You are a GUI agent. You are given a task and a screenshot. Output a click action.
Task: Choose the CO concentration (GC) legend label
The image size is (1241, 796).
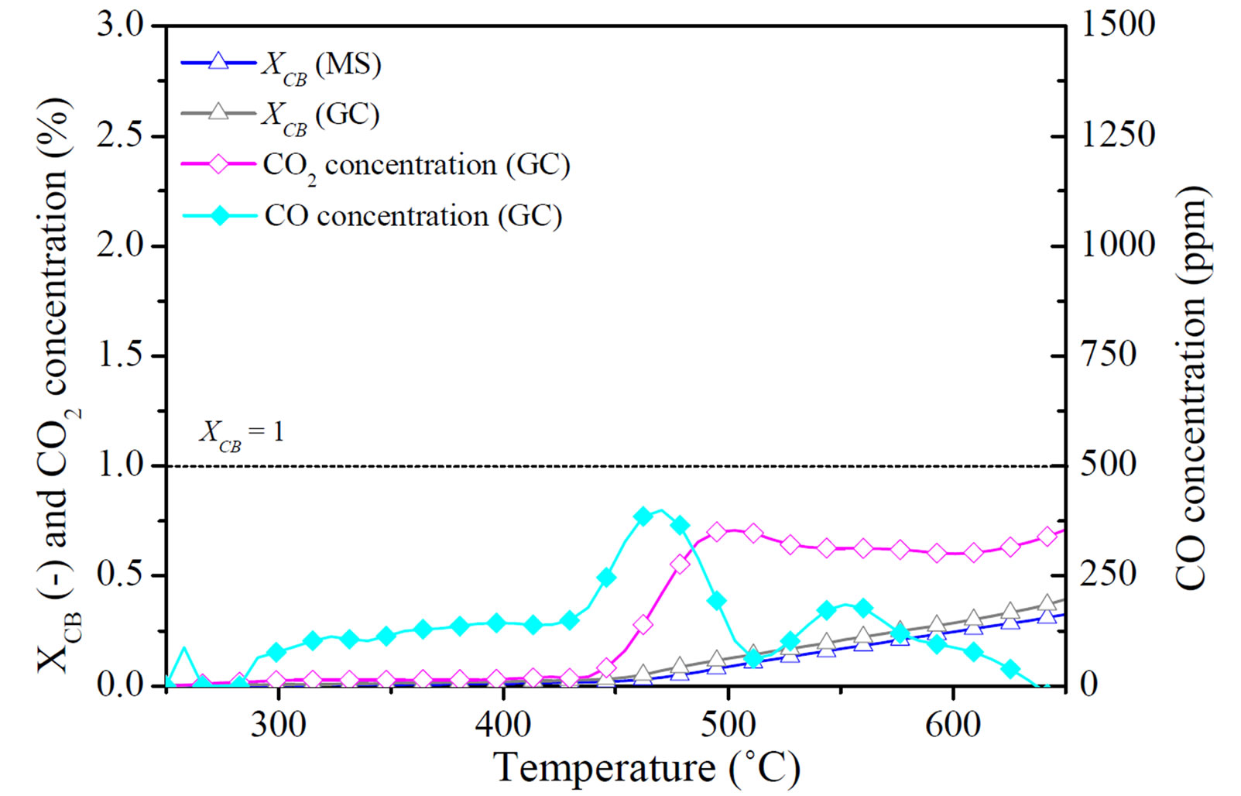pyautogui.click(x=413, y=217)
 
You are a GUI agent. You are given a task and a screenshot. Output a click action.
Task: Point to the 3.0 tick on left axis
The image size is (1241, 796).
pyautogui.click(x=120, y=25)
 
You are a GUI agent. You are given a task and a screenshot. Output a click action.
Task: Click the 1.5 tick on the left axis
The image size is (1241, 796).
pyautogui.click(x=120, y=355)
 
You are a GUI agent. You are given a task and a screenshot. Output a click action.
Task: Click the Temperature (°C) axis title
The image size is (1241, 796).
pyautogui.click(x=646, y=769)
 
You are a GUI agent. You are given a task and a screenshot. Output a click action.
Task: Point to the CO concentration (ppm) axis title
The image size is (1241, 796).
pyautogui.click(x=1191, y=387)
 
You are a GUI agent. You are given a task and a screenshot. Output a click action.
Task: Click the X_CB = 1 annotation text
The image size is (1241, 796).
pyautogui.click(x=242, y=433)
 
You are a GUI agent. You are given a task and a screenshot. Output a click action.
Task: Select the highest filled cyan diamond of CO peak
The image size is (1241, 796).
pyautogui.click(x=643, y=516)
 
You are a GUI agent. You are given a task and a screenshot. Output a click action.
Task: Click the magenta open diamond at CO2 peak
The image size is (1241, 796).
pyautogui.click(x=717, y=532)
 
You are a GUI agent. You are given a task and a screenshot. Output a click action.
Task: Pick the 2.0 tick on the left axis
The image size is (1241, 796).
pyautogui.click(x=120, y=245)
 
